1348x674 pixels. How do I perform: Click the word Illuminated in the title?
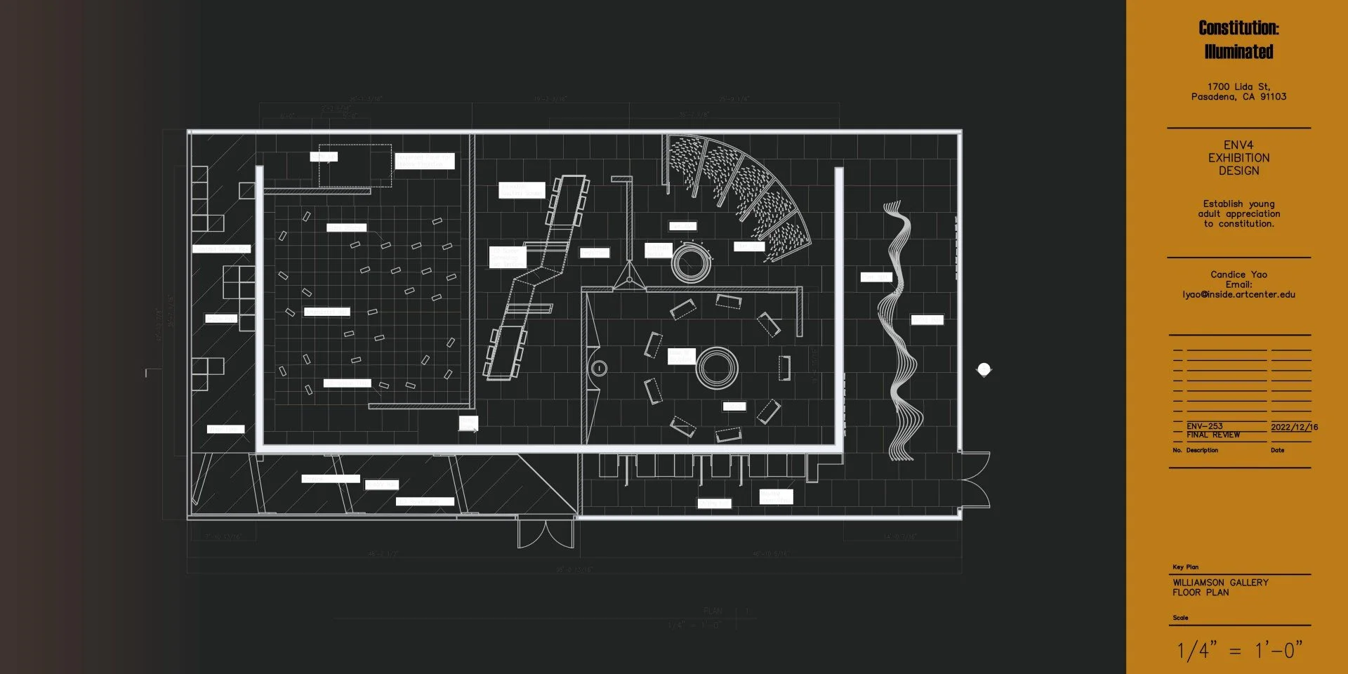tap(1238, 52)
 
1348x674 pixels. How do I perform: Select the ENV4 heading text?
tap(1238, 145)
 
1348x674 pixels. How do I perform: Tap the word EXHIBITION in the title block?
tap(1238, 158)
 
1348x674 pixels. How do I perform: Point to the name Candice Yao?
tap(1238, 275)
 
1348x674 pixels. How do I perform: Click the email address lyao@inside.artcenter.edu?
tap(1238, 295)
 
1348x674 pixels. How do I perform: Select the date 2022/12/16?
tap(1294, 427)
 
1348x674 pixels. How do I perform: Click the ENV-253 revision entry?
tap(1205, 426)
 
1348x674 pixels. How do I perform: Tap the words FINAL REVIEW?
tap(1213, 435)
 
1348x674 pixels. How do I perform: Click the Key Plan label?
tap(1185, 567)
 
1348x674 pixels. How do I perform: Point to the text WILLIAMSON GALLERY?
tap(1220, 583)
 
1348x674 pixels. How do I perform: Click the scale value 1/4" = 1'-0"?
tap(1239, 650)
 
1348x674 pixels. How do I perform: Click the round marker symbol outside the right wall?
tap(984, 369)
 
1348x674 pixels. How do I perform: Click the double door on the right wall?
tap(974, 479)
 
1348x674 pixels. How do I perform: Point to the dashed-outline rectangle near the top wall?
tap(355, 166)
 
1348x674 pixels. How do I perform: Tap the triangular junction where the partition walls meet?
tap(629, 279)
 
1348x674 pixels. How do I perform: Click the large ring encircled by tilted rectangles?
tap(717, 367)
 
